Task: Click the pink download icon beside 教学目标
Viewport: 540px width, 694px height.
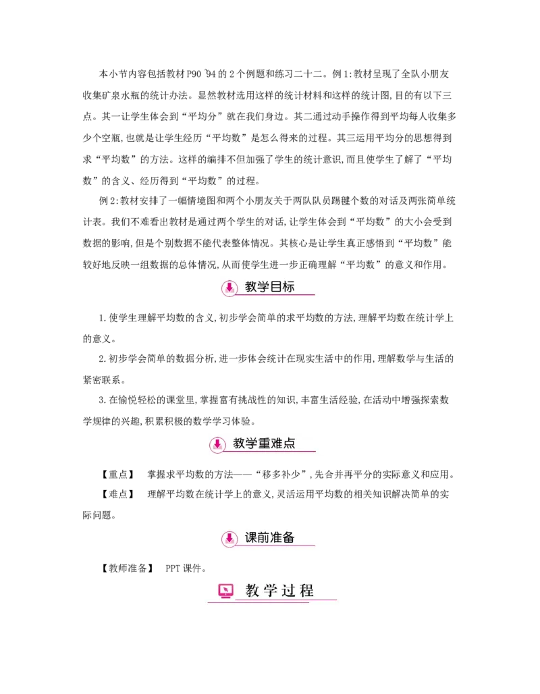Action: [230, 288]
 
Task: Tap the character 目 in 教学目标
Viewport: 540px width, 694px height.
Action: [276, 287]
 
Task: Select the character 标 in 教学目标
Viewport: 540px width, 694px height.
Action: [288, 287]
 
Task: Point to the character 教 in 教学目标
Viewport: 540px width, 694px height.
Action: [251, 287]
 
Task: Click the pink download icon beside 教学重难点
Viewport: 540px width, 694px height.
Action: [217, 444]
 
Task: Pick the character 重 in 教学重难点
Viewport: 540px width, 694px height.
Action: [265, 444]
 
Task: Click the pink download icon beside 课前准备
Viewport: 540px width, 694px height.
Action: [230, 538]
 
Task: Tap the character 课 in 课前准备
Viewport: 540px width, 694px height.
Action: [251, 537]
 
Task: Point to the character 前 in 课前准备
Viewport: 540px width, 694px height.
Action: [264, 537]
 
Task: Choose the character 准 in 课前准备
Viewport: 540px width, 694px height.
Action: [276, 537]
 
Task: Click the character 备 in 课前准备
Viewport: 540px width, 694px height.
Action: [289, 537]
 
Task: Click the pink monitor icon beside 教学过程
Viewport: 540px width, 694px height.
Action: [225, 591]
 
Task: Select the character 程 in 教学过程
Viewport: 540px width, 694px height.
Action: [306, 591]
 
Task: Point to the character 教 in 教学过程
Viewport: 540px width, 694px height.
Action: [252, 591]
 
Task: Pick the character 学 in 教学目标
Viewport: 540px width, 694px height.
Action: [263, 287]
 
